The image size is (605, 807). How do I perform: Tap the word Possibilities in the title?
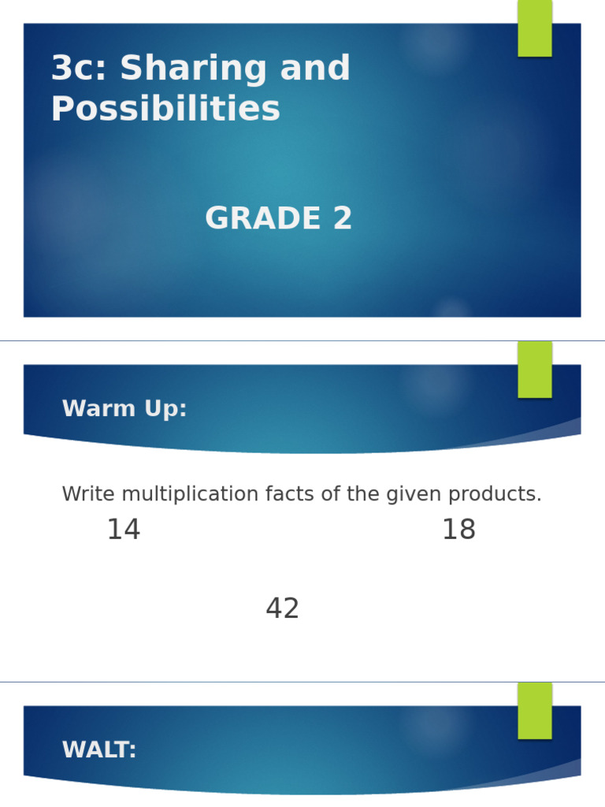point(165,110)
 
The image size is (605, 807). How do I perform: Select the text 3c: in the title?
point(78,69)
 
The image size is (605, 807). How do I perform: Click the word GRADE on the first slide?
point(262,219)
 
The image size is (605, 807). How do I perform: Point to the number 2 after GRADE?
point(342,219)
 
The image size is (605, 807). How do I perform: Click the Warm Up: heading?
point(124,409)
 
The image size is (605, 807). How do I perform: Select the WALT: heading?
point(99,750)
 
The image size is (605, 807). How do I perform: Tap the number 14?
point(124,530)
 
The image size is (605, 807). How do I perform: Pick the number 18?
point(458,530)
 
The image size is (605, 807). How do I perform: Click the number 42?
point(283,609)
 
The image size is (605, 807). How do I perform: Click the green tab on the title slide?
point(534,28)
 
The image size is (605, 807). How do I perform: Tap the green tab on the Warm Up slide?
point(534,369)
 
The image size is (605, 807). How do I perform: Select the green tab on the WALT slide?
point(534,710)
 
